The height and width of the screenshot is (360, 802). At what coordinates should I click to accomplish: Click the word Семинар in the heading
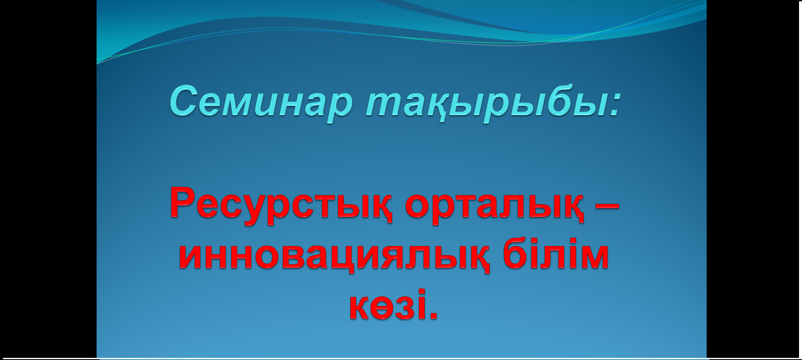[x=261, y=102]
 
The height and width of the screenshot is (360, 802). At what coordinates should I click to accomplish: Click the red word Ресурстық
[x=281, y=205]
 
